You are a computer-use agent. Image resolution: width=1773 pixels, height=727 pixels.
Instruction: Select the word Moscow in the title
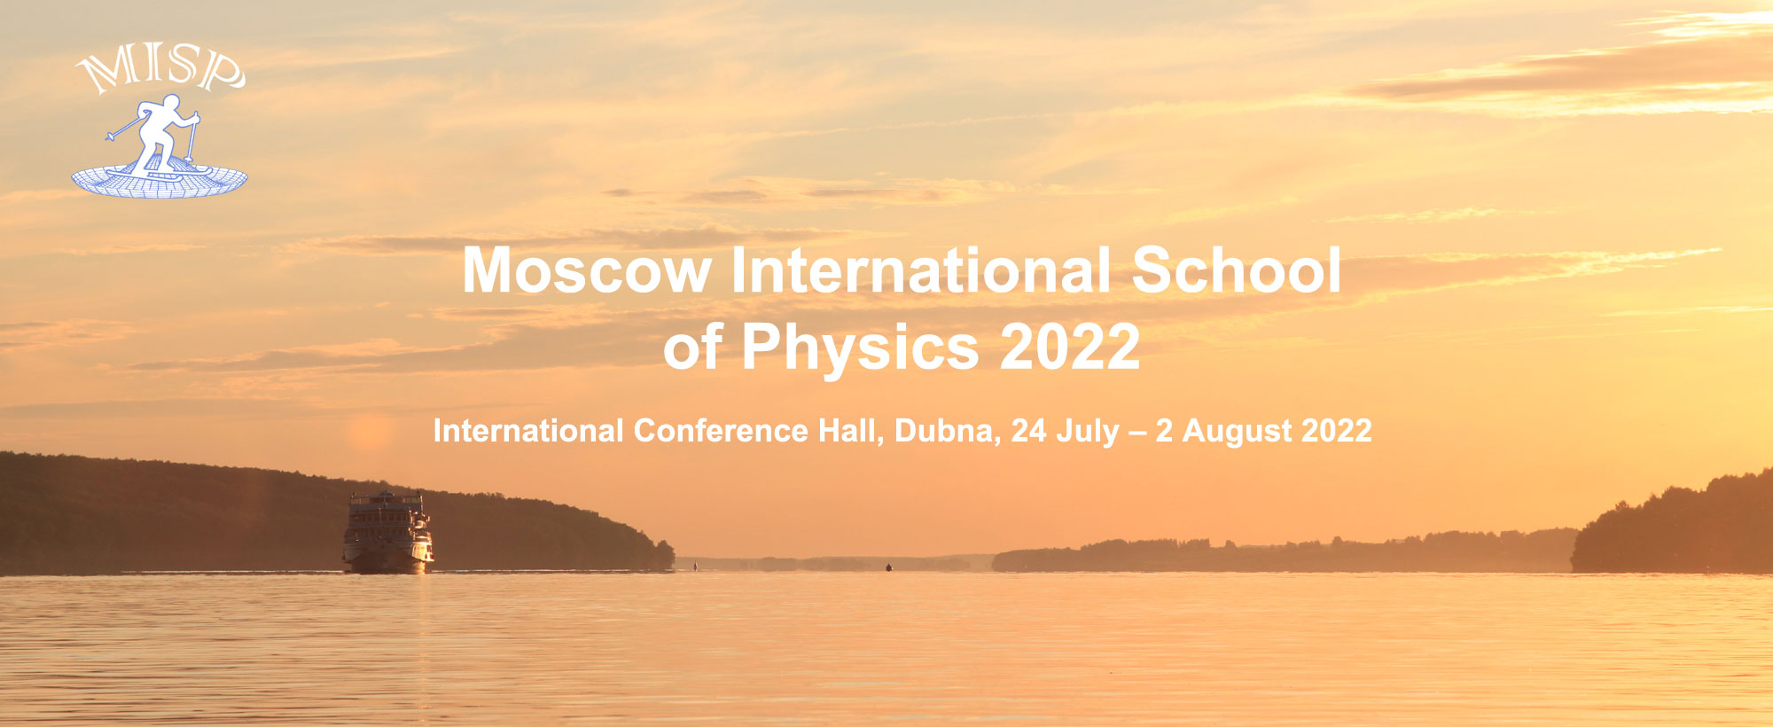(x=587, y=270)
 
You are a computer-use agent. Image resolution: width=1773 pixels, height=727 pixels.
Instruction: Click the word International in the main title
(x=921, y=270)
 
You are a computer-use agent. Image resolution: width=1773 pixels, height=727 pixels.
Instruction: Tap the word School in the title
(x=1237, y=270)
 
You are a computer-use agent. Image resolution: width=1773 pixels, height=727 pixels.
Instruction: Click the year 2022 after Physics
(x=1070, y=346)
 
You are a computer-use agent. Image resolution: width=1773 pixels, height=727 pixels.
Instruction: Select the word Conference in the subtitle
(x=721, y=431)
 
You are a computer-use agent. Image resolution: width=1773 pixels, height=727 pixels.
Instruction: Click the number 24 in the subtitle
(x=1029, y=431)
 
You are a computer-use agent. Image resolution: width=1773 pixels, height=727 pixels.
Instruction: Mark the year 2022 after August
(x=1338, y=431)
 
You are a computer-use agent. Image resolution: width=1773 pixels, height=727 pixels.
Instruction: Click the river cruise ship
(x=387, y=533)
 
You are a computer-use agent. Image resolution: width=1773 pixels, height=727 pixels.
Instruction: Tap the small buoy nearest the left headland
(x=695, y=565)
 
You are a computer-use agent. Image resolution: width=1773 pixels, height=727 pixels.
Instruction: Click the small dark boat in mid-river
(x=888, y=567)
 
